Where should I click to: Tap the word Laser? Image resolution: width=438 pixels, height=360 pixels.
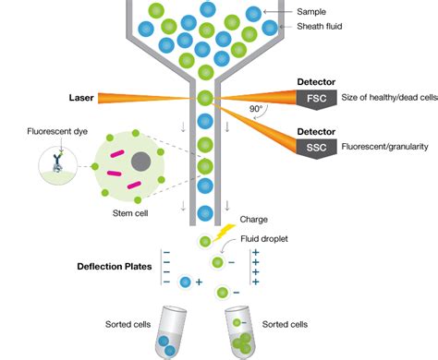(82, 98)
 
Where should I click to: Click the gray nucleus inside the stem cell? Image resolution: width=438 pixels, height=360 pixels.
(140, 162)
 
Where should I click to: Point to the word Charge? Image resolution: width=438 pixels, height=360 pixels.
(253, 220)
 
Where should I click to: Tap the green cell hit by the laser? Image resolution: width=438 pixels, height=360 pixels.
(205, 98)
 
